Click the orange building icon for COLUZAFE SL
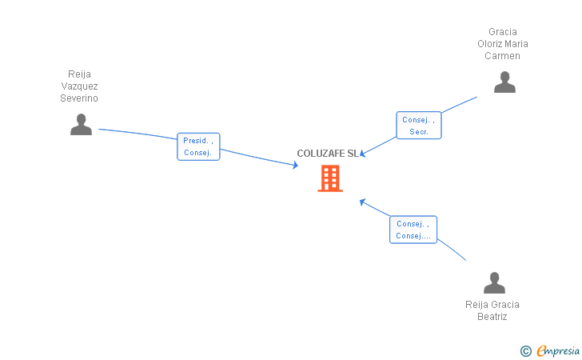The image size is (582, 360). (330, 178)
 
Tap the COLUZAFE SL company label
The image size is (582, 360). (328, 154)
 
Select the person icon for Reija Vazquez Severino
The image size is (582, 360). (81, 124)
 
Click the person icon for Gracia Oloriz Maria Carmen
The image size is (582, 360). (504, 82)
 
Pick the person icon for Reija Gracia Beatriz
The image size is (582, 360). (494, 282)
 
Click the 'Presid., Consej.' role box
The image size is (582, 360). (198, 146)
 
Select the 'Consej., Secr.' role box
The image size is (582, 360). (419, 126)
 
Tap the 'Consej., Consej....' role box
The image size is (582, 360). (413, 230)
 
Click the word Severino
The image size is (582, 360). (79, 98)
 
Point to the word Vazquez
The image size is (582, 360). (79, 86)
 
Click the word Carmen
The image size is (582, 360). (502, 56)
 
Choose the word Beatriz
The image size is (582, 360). (492, 316)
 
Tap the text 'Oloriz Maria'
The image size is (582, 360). (502, 44)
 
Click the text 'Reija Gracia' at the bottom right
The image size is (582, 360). (492, 304)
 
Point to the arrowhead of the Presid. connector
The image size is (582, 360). (296, 166)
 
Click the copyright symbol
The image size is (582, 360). (525, 350)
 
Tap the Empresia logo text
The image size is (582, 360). (558, 350)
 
